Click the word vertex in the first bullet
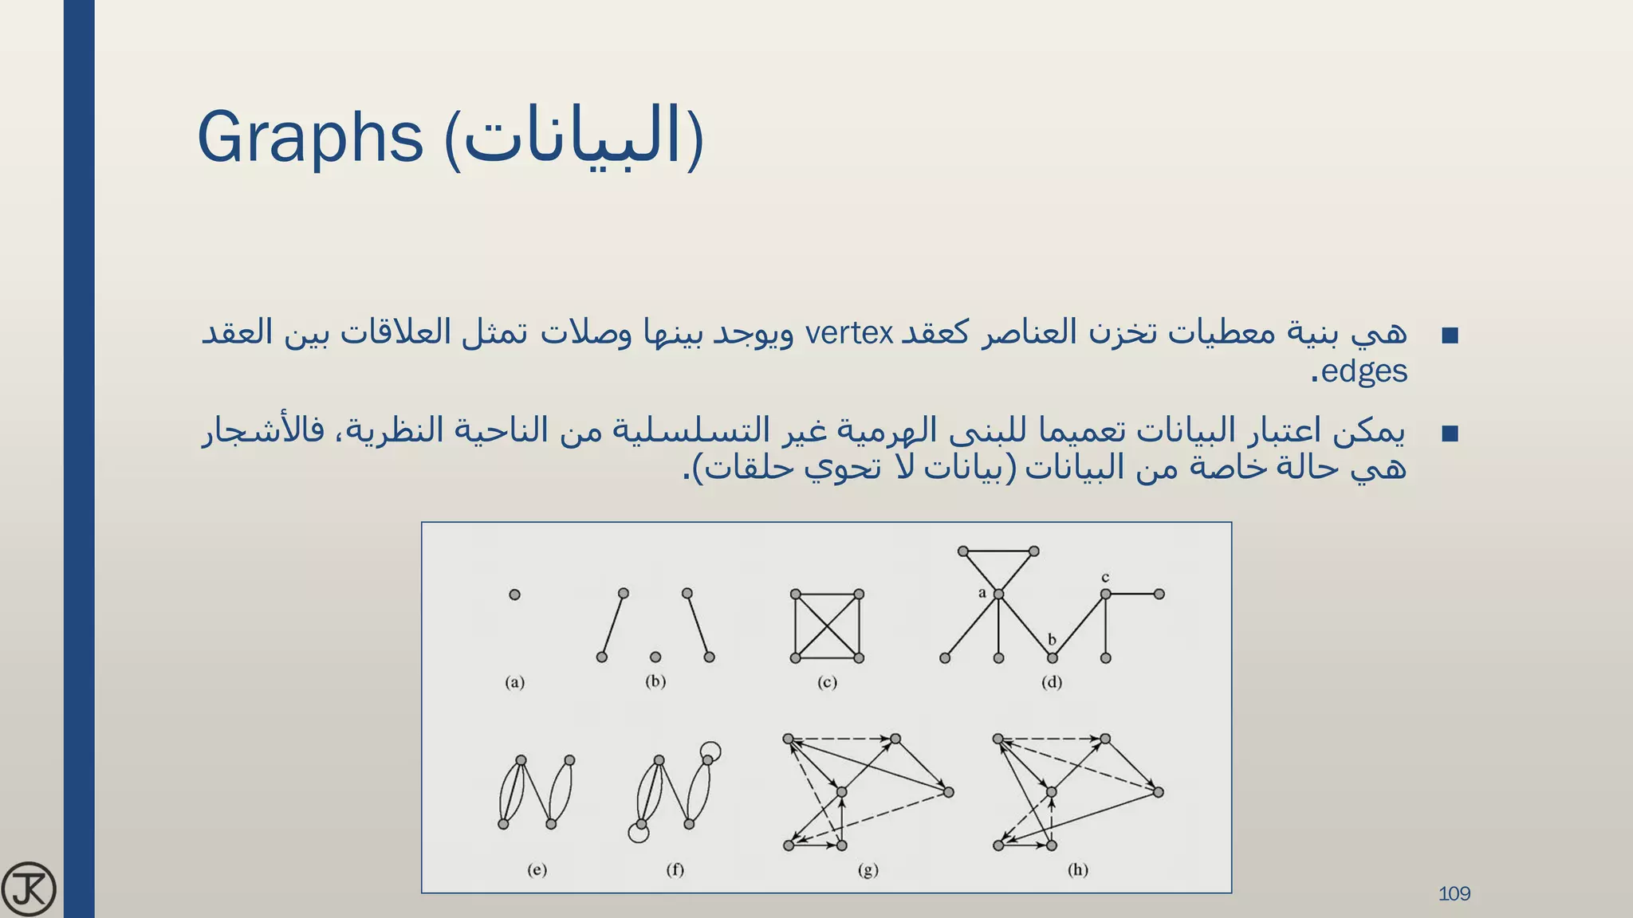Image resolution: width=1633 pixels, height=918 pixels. click(849, 333)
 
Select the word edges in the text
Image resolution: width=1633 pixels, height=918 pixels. click(1363, 371)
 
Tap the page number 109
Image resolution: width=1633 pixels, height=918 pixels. click(1454, 893)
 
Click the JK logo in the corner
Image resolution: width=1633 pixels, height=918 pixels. click(29, 889)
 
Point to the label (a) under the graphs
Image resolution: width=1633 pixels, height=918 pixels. click(515, 682)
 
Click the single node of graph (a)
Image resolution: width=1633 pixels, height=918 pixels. click(514, 594)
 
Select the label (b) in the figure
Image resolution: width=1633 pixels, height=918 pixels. click(655, 681)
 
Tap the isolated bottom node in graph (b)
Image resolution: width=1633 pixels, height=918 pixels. click(655, 657)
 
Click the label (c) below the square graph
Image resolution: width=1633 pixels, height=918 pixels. click(827, 682)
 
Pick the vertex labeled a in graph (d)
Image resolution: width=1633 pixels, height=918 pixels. click(998, 594)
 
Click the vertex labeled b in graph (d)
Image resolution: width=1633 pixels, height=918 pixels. click(1052, 657)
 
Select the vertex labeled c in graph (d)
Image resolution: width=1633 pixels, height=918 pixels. click(1105, 594)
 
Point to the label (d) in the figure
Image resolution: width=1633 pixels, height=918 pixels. click(1052, 682)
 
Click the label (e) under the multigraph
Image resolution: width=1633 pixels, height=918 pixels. click(537, 869)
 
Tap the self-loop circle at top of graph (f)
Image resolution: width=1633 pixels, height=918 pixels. click(710, 751)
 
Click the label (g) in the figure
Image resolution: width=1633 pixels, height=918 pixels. click(868, 869)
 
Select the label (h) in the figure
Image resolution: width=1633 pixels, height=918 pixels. click(1078, 869)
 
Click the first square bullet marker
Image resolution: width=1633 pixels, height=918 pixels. click(1450, 335)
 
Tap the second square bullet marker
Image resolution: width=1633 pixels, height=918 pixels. click(1450, 433)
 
